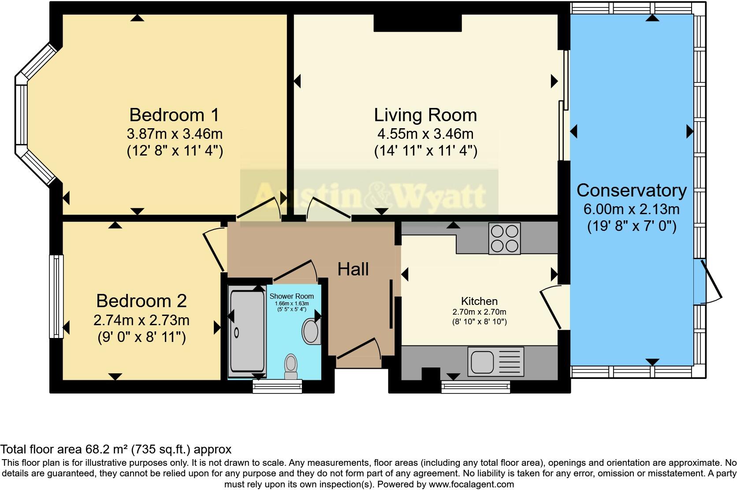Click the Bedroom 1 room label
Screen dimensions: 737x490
(x=174, y=115)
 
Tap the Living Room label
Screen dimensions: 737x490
(x=425, y=115)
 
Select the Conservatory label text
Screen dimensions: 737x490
(x=632, y=190)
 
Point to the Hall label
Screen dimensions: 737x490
(x=353, y=269)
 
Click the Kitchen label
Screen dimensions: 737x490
(x=479, y=301)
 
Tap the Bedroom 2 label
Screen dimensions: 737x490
(x=141, y=301)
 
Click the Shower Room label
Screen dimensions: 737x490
(x=291, y=296)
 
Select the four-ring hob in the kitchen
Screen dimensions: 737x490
(x=504, y=238)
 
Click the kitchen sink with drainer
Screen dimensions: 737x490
(x=495, y=361)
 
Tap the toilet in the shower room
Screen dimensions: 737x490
(x=291, y=366)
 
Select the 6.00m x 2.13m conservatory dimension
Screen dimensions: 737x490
(x=631, y=209)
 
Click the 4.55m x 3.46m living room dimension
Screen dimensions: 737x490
(x=425, y=134)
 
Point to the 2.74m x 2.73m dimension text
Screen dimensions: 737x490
(x=141, y=320)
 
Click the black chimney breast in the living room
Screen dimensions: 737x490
(x=417, y=23)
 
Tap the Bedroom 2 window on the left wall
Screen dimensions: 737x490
(x=56, y=296)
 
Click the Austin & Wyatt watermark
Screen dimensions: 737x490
(x=369, y=197)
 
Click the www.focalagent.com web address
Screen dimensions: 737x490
(x=471, y=484)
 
